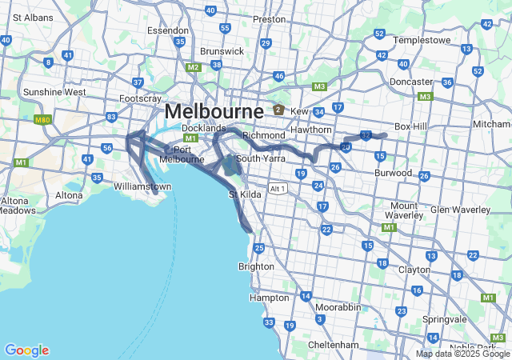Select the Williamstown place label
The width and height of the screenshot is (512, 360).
tap(142, 186)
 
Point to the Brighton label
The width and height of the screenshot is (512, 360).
tap(256, 266)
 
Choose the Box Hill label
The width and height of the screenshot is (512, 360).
tap(412, 126)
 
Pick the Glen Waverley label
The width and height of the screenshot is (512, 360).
tap(460, 209)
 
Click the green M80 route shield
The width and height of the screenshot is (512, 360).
tap(42, 120)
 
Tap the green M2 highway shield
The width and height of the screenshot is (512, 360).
tap(193, 67)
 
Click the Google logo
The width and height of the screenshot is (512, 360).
tap(26, 350)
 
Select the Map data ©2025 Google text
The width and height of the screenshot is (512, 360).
tap(462, 354)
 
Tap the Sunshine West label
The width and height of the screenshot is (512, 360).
tap(54, 92)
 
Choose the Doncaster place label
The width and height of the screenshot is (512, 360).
tap(410, 82)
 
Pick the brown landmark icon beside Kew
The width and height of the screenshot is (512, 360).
tap(278, 110)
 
